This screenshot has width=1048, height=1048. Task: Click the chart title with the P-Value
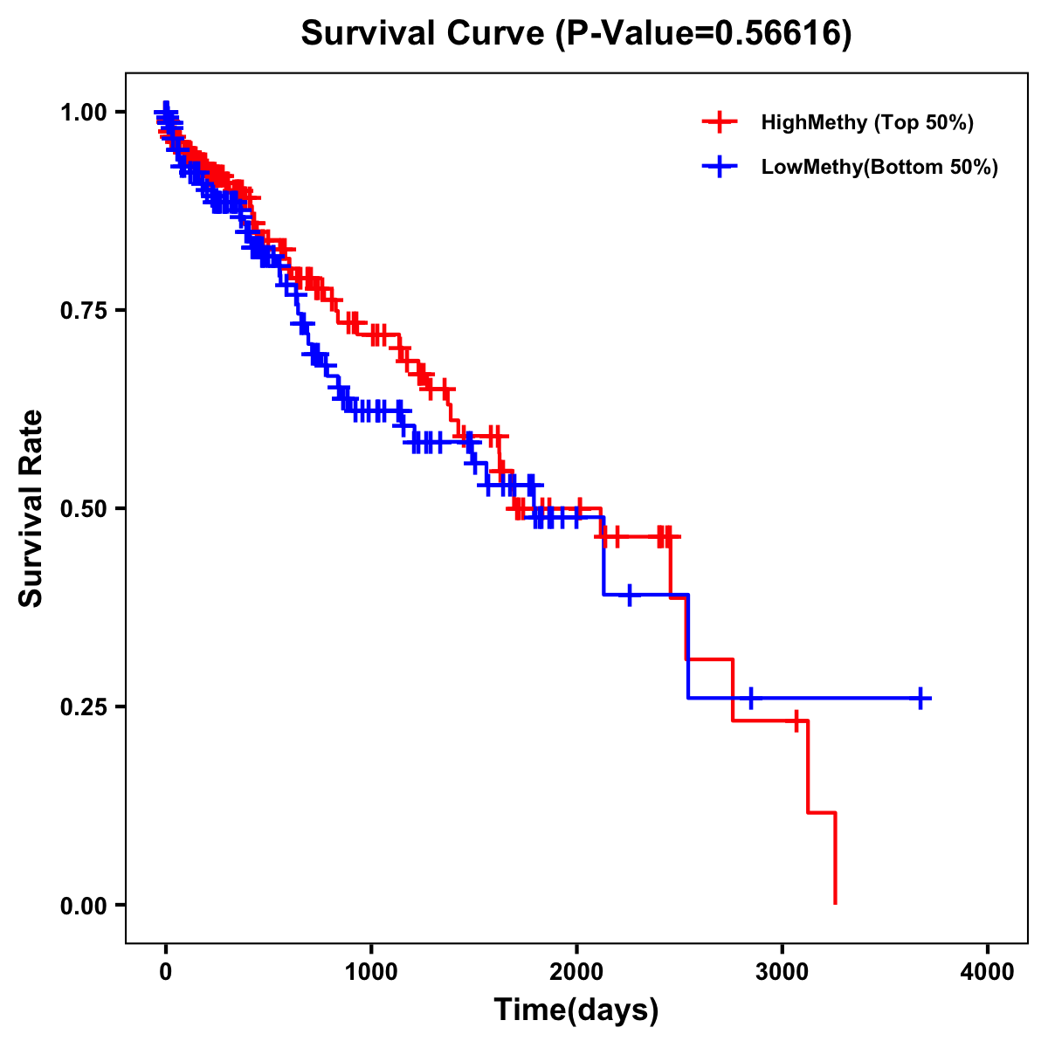(x=576, y=33)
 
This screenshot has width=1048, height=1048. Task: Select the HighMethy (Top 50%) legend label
(x=867, y=122)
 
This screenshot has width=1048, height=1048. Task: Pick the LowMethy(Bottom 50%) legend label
(x=879, y=167)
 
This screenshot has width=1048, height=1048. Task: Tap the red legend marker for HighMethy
(x=720, y=122)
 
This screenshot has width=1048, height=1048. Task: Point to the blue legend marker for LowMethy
(x=720, y=167)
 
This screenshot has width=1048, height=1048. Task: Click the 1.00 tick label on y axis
(x=83, y=112)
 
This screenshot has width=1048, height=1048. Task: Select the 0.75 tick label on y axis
(x=83, y=310)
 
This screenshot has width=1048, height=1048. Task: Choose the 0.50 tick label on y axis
(x=83, y=508)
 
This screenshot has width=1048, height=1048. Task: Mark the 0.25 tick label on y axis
(x=83, y=707)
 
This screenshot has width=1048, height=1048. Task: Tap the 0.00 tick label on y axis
(x=83, y=905)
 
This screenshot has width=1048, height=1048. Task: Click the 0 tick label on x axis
(x=166, y=972)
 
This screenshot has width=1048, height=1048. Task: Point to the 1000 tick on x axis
(x=371, y=972)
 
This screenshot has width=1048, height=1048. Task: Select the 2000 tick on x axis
(x=576, y=972)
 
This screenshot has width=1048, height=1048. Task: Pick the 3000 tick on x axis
(x=783, y=972)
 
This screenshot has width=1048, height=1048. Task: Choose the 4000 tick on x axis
(x=988, y=972)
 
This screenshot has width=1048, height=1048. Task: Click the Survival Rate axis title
(x=31, y=508)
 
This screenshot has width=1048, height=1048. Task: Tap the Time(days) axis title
(x=576, y=1010)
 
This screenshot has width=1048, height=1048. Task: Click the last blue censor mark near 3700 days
(x=920, y=698)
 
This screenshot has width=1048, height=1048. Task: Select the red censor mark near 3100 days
(x=796, y=720)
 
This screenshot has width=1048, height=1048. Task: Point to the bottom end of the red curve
(x=835, y=903)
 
